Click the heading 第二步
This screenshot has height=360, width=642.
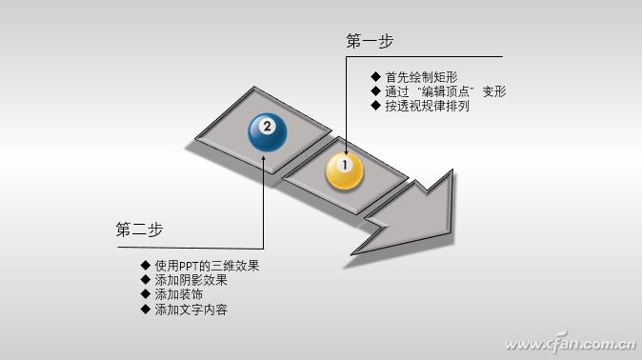(x=140, y=230)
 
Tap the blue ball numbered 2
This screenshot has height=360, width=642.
(x=268, y=130)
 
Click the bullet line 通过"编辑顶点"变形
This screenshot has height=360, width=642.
(x=444, y=91)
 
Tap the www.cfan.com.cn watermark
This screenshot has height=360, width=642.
(x=568, y=343)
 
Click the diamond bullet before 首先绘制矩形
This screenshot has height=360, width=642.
(x=375, y=77)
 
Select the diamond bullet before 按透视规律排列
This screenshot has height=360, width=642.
(x=375, y=106)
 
